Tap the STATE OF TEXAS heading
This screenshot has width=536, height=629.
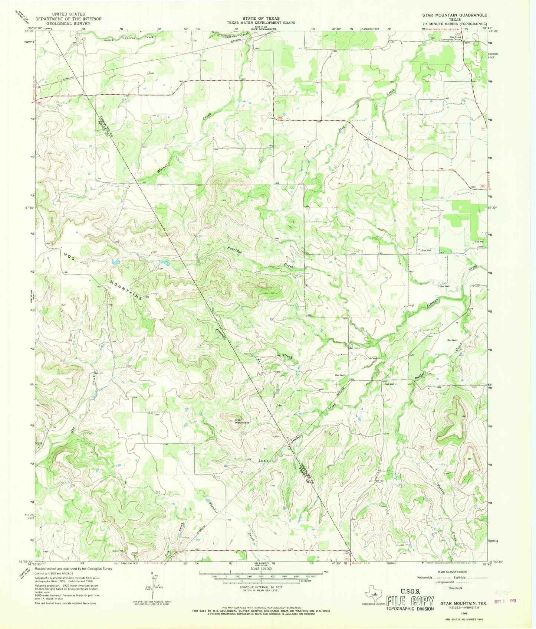[x=261, y=18]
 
